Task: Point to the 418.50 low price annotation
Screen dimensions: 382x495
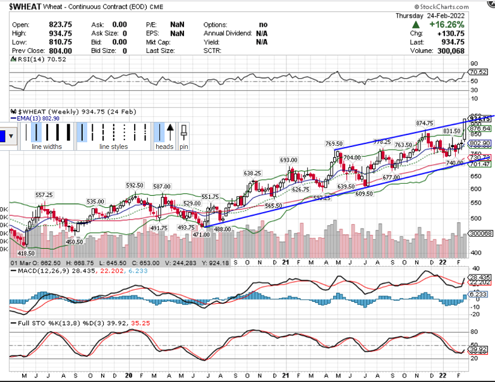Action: click(26, 253)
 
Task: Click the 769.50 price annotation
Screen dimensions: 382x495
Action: click(333, 144)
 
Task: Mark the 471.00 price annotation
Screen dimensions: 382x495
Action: click(200, 234)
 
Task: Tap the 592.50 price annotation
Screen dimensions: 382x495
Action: click(135, 186)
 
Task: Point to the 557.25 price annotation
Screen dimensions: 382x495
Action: click(44, 195)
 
